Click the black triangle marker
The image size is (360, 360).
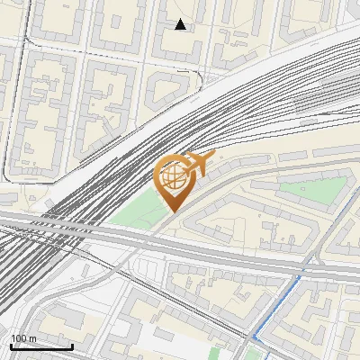(x=180, y=24)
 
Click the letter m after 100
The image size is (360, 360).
(x=33, y=338)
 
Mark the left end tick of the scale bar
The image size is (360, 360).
(x=10, y=346)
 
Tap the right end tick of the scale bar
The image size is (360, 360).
(x=72, y=346)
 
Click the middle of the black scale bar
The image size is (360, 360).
(x=41, y=347)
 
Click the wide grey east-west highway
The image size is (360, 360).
(x=225, y=247)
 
